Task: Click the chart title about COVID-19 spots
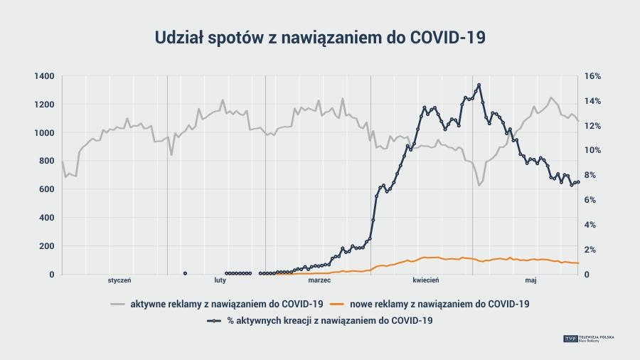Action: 320,38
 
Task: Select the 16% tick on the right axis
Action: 593,76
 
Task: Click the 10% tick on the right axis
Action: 593,150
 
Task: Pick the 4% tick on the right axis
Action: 591,225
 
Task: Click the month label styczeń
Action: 119,280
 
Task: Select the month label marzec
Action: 320,280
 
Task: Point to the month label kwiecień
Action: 426,280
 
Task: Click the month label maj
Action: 530,280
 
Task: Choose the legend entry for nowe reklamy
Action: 439,304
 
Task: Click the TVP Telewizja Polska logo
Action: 589,339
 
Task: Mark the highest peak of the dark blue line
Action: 479,85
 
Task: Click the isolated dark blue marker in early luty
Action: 185,273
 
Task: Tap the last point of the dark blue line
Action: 578,182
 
